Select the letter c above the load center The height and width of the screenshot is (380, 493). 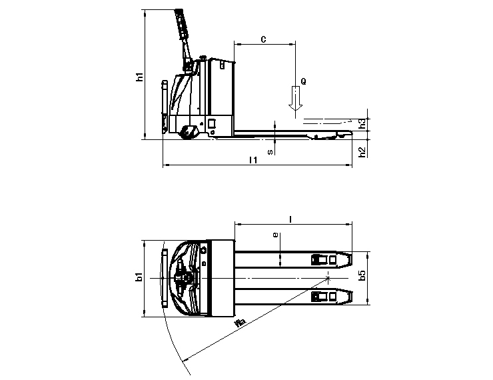click(x=263, y=39)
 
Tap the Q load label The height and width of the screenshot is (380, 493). click(x=303, y=81)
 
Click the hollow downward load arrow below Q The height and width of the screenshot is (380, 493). click(x=294, y=99)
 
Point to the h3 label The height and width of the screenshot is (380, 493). click(x=362, y=124)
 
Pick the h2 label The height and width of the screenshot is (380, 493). click(x=362, y=151)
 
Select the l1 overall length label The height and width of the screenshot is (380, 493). click(x=252, y=160)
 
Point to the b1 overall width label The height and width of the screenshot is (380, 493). click(x=139, y=277)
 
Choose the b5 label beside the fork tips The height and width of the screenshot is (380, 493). click(x=362, y=277)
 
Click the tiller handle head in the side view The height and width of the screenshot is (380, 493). click(x=181, y=20)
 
